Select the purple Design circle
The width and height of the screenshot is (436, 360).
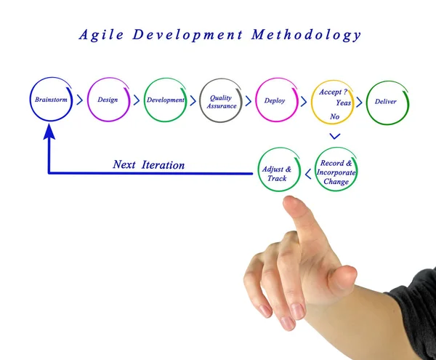(108, 100)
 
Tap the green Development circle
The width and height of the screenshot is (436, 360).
(165, 100)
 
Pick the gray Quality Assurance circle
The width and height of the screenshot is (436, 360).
(221, 101)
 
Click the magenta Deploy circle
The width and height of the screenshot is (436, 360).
(275, 100)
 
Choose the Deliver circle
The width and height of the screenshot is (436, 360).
(386, 101)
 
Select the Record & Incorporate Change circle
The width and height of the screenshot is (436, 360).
(336, 172)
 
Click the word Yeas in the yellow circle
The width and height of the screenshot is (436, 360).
(343, 103)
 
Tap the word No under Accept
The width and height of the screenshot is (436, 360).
(335, 117)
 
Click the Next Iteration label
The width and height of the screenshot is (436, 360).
(148, 165)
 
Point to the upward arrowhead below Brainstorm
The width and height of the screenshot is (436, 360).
(49, 132)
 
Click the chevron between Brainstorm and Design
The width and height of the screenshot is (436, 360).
(79, 100)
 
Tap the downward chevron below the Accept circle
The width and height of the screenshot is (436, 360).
(335, 136)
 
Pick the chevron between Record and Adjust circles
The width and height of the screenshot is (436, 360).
(307, 173)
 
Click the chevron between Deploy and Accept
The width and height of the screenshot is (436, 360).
(303, 101)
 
